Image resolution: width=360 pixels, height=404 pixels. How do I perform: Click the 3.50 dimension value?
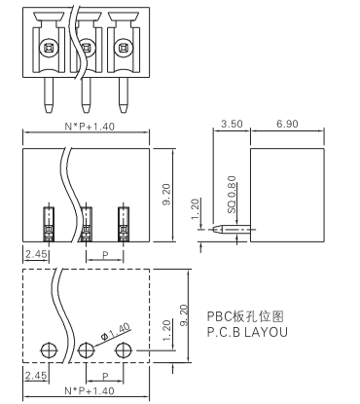pos(232,124)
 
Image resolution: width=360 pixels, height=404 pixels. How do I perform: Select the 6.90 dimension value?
pos(287,124)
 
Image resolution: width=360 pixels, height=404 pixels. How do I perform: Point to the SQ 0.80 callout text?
pos(232,195)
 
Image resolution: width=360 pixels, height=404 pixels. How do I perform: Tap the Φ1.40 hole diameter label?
pos(116,332)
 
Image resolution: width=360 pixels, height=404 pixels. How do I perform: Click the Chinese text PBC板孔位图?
pos(245,316)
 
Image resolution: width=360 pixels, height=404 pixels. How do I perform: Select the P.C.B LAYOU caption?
pos(247,332)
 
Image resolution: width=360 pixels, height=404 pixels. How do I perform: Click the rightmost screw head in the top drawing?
pos(124,49)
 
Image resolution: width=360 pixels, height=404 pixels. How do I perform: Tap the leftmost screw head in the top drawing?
pos(49,49)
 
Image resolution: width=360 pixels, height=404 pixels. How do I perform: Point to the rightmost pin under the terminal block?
pos(123,95)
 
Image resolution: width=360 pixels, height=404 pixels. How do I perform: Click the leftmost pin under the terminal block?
pos(49,95)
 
